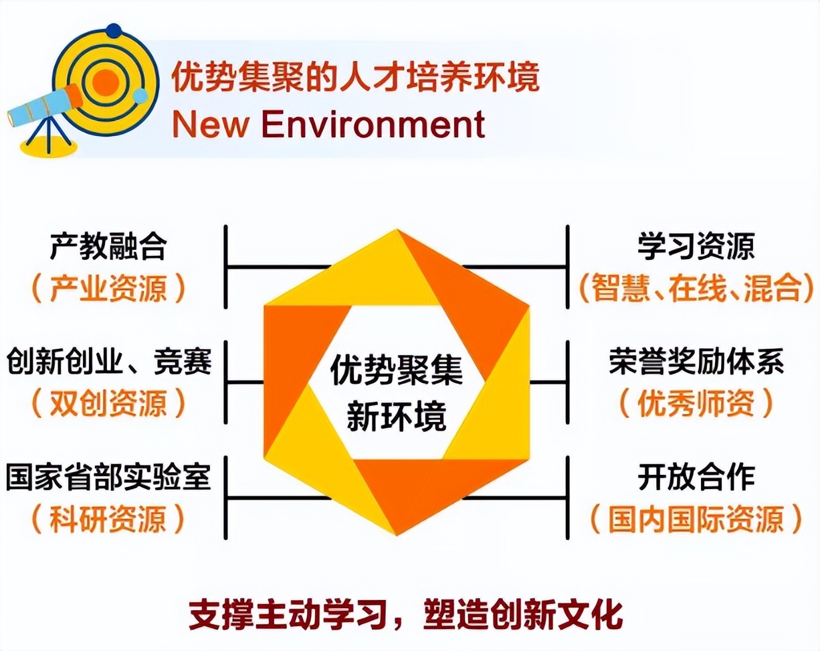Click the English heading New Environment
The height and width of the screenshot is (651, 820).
[x=328, y=124]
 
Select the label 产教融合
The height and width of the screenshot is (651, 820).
[x=108, y=247]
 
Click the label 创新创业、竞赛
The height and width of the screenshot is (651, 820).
[x=109, y=362]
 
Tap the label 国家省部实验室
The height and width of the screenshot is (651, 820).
[x=108, y=478]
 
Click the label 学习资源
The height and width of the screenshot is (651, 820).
[x=696, y=247]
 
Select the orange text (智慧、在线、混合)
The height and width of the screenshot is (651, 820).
[x=696, y=288]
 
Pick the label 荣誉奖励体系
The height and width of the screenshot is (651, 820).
[x=696, y=362]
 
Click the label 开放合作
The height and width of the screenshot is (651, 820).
[x=696, y=478]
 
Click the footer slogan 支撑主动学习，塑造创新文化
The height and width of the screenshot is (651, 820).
[x=406, y=615]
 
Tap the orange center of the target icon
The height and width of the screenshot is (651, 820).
[x=105, y=82]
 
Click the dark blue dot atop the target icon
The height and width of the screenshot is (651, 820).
[x=114, y=30]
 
